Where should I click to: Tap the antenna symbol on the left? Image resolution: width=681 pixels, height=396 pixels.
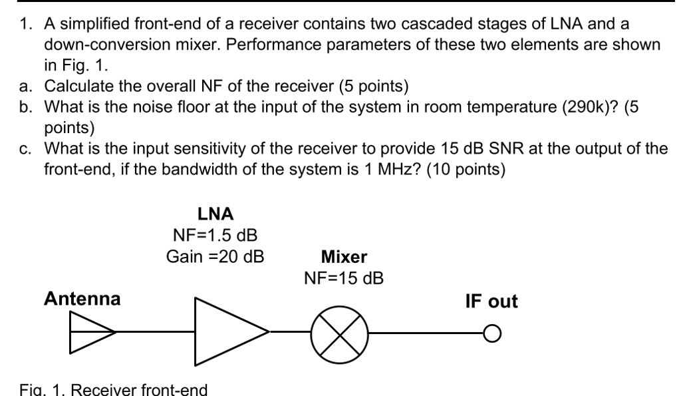pyautogui.click(x=92, y=331)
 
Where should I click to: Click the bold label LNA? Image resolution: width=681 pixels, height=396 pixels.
pyautogui.click(x=214, y=214)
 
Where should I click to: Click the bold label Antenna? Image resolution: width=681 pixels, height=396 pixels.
pyautogui.click(x=82, y=299)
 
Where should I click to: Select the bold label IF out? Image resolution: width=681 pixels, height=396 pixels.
pyautogui.click(x=491, y=301)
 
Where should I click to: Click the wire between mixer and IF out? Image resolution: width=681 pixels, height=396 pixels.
pyautogui.click(x=426, y=331)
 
